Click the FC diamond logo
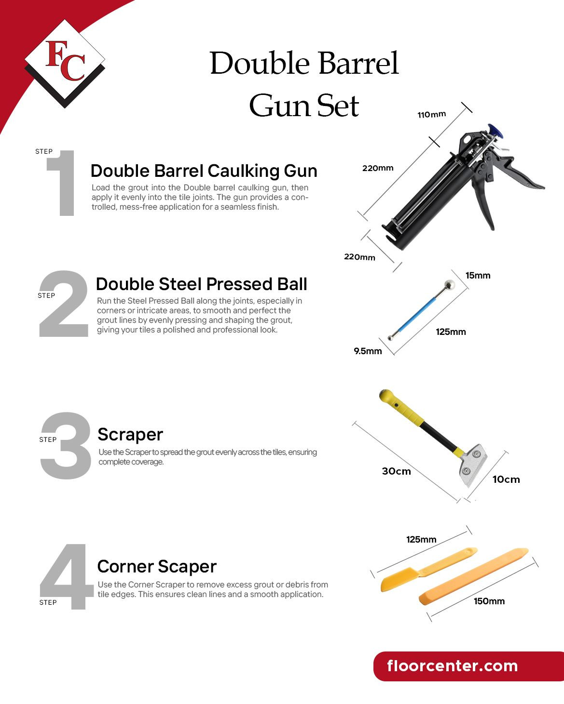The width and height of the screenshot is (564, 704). [65, 63]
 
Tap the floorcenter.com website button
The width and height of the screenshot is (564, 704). [468, 666]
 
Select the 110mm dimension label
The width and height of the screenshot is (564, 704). [431, 115]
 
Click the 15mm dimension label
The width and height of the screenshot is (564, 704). [478, 276]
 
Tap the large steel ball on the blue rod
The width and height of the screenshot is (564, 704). [449, 285]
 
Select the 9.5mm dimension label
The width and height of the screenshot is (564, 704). [368, 351]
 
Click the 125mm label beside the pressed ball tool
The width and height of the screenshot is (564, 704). [451, 332]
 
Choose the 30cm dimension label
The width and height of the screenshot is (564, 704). [396, 471]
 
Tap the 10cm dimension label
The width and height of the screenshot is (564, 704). [506, 479]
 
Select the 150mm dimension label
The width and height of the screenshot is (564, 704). [489, 601]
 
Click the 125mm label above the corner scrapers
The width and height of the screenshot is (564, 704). [421, 540]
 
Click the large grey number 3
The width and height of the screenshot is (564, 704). [66, 446]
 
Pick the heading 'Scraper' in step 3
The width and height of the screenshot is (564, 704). [130, 435]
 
